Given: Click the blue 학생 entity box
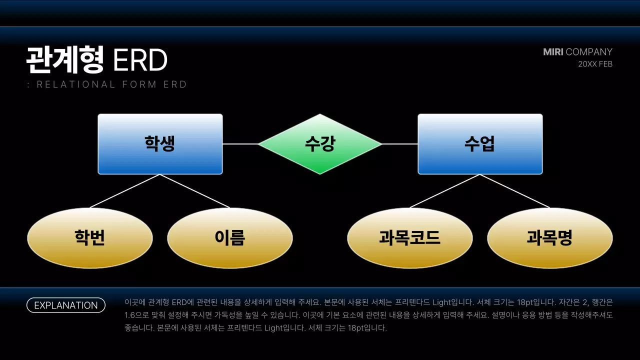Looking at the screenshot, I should click(x=160, y=144).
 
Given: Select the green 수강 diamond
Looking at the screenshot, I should click(x=320, y=144).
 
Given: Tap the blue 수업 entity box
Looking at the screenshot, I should click(x=480, y=144).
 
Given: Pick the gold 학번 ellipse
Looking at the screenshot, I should click(x=90, y=238).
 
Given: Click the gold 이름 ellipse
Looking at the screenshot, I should click(x=230, y=238).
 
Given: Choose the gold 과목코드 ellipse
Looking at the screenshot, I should click(x=410, y=238).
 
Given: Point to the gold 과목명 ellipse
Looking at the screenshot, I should click(x=550, y=238).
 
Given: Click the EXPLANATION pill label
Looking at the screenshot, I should click(x=66, y=305).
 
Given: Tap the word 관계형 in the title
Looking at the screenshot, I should click(x=65, y=60).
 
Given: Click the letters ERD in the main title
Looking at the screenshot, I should click(x=140, y=60).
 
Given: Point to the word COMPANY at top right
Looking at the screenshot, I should click(x=589, y=52).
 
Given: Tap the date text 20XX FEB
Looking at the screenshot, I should click(x=595, y=64).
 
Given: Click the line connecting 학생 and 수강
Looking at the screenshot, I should click(x=240, y=144).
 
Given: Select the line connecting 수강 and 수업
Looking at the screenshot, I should click(x=400, y=144).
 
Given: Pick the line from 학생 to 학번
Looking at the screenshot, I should click(x=125, y=191).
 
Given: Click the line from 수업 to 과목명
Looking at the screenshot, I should click(x=515, y=191).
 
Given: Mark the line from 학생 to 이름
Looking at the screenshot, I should click(x=195, y=191).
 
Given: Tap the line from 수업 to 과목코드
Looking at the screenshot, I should click(x=445, y=191).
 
